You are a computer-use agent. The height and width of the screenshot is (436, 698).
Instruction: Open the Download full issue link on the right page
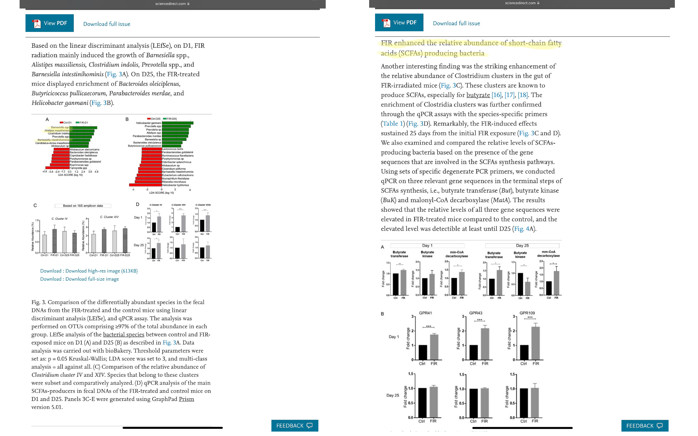pos(456,23)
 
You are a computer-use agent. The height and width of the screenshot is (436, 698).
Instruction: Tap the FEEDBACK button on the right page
pos(644,426)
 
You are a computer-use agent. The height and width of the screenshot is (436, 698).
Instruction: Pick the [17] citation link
pos(509,95)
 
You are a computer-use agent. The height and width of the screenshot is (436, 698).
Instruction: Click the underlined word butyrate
pos(478,95)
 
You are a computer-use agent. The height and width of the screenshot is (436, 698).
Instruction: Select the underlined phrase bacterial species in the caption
pos(123,334)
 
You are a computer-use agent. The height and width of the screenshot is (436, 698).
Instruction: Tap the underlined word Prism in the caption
pos(186,399)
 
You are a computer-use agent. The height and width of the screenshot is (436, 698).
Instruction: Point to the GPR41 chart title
pos(425,313)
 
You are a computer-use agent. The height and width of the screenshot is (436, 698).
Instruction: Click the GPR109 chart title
pos(527,313)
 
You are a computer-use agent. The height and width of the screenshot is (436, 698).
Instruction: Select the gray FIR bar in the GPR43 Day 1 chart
pos(485,344)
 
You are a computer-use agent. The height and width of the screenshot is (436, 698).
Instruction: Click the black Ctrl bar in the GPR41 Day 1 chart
pos(423,352)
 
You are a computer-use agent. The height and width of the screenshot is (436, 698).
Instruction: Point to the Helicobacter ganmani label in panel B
pos(148,123)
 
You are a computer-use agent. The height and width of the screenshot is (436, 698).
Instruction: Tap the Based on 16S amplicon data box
pos(83,206)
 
